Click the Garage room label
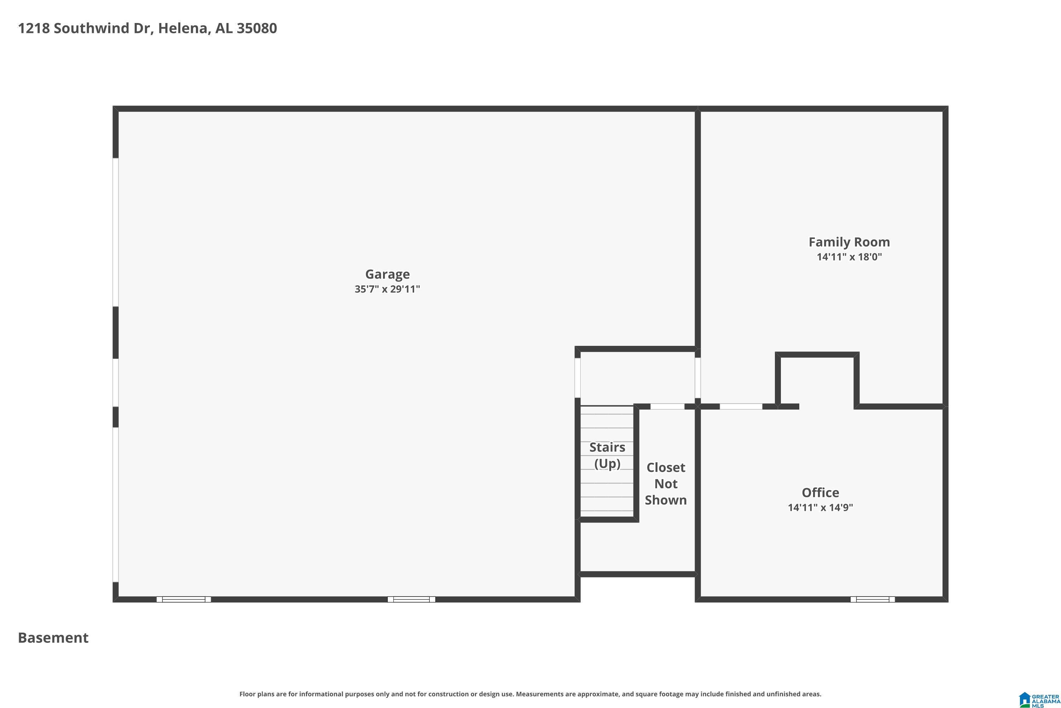coord(387,274)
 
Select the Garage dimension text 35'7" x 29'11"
coord(387,289)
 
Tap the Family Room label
coord(849,242)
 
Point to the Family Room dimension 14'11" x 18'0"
coord(849,257)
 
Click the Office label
coord(820,493)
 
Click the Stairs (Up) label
coord(607,455)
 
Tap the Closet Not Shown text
coord(666,484)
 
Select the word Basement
coord(53,638)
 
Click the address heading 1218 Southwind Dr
coord(86,28)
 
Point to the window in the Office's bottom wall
coord(872,599)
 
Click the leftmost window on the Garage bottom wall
coord(184,599)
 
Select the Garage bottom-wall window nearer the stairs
coord(411,599)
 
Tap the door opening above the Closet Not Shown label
coord(667,406)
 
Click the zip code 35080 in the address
coord(257,28)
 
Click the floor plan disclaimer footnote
coord(530,694)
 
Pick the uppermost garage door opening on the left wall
coord(116,232)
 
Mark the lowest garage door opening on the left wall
coord(116,505)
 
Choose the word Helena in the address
coord(183,28)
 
